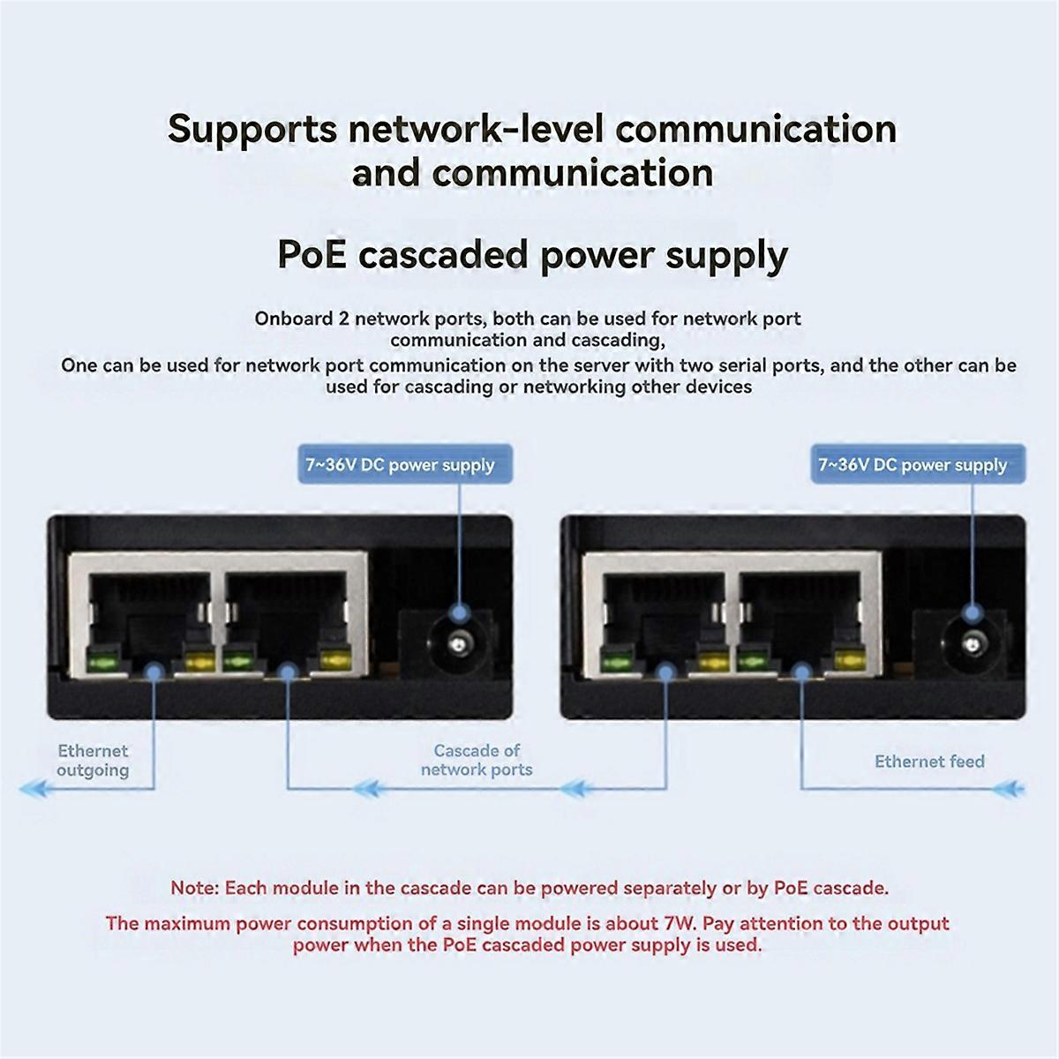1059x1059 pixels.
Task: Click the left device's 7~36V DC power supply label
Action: tap(400, 465)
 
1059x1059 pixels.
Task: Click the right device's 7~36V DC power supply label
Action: tap(913, 465)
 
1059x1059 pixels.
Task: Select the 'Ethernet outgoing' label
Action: tap(93, 761)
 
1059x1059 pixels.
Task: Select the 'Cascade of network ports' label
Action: tap(477, 760)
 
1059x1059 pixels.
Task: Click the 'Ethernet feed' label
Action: tap(929, 762)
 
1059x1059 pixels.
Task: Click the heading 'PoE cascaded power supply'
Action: tap(532, 255)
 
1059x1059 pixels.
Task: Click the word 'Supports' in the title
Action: tap(252, 129)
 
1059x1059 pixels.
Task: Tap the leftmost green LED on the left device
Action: tap(102, 658)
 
